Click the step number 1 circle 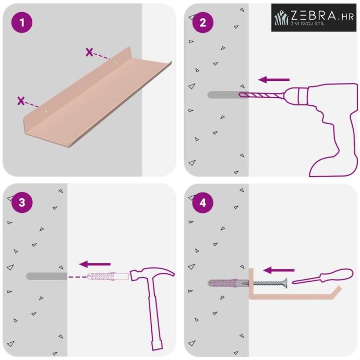[22, 22]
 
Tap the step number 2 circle [203, 22]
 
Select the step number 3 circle [22, 202]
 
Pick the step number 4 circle [203, 202]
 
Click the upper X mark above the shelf [89, 52]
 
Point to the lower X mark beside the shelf [21, 101]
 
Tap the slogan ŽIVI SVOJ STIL [308, 23]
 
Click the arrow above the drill [274, 80]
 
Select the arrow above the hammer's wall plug [95, 264]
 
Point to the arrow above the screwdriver [279, 270]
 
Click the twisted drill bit [261, 94]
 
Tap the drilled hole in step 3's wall [46, 276]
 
